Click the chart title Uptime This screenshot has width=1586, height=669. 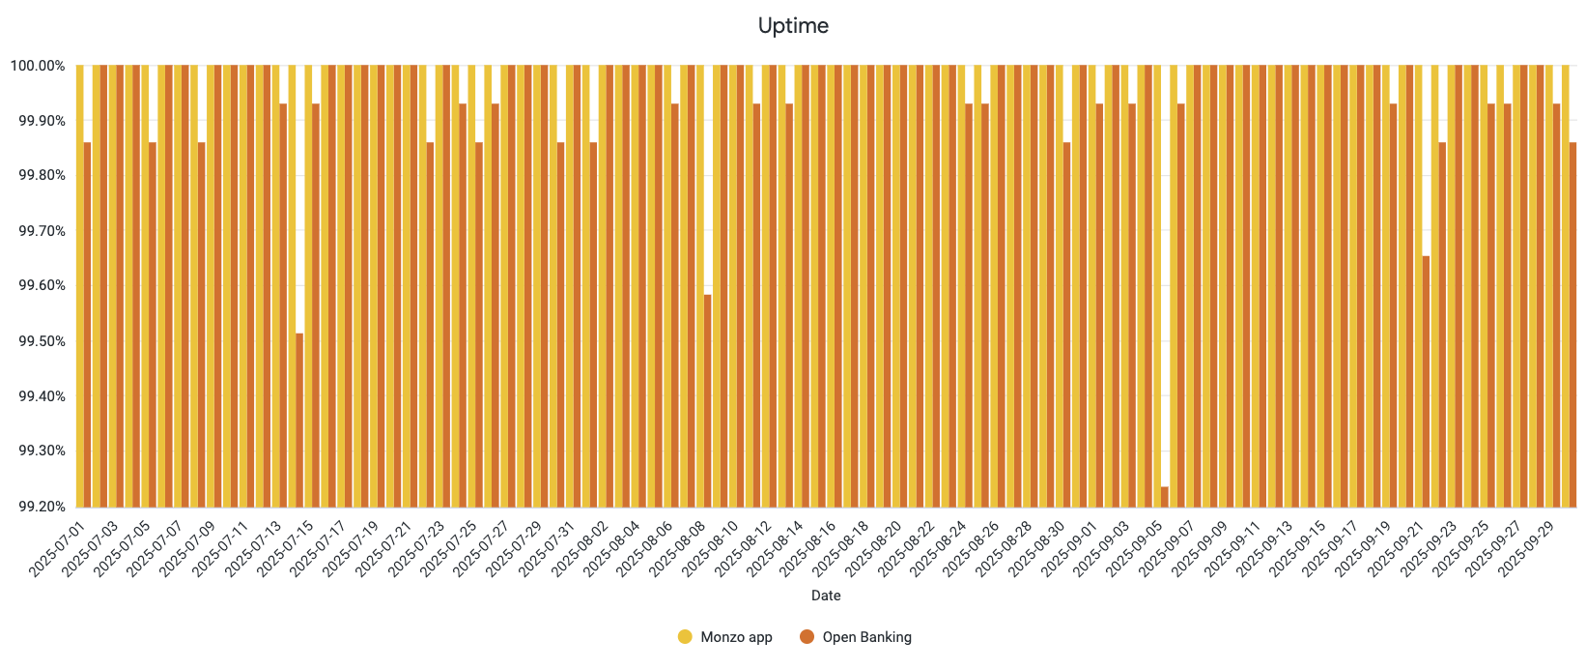coord(793,26)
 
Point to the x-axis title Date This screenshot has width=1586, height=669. coord(826,596)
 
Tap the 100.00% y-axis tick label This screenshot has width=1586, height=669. coord(38,66)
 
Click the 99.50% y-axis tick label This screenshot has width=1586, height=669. coord(38,341)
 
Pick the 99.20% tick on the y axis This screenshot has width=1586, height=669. coord(38,507)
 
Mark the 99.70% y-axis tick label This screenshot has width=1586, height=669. coord(38,231)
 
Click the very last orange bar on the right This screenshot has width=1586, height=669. coord(1572,324)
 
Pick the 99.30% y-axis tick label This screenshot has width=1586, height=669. coord(38,451)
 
